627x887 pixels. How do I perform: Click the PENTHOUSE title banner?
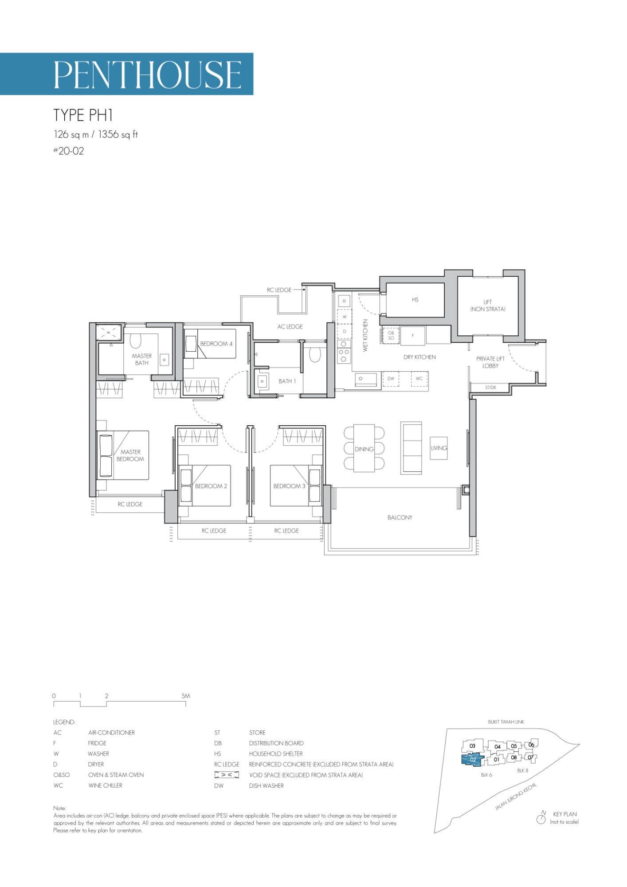coord(126,74)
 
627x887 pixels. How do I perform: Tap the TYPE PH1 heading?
coord(83,115)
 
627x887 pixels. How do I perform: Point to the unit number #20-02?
coord(68,151)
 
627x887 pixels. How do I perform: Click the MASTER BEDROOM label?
coord(130,455)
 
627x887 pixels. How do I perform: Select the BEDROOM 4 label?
coord(216,344)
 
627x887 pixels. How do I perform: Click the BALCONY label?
coord(400,518)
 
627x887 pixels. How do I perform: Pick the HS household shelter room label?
coord(415,300)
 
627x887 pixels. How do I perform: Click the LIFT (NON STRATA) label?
coord(488,306)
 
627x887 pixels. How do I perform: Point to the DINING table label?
coord(364,449)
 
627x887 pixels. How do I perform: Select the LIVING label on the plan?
coord(439,448)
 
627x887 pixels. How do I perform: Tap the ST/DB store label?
coord(490,388)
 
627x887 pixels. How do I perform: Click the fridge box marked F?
coord(413,336)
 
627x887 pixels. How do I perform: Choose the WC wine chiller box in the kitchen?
coord(419,379)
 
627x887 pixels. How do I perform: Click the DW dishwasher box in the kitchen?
coord(391,379)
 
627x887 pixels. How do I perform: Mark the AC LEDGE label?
coord(290,327)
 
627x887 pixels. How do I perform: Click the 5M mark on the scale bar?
coord(186,696)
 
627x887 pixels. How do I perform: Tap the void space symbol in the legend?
coord(227,775)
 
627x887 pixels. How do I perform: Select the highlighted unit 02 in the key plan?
coord(473,760)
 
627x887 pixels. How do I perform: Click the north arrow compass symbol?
coord(541,819)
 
